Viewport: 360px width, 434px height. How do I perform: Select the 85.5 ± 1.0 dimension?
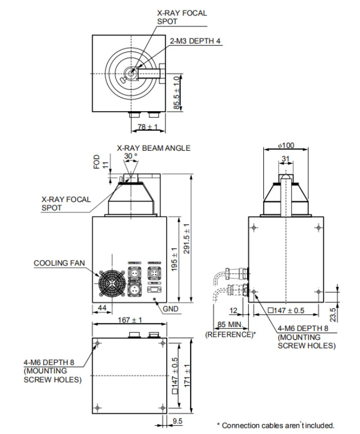(x=177, y=93)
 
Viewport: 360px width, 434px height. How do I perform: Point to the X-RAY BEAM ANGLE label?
(x=154, y=148)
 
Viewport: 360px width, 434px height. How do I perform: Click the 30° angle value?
(x=131, y=156)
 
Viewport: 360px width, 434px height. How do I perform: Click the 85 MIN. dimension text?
(x=228, y=324)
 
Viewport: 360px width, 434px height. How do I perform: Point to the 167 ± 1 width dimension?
(x=130, y=320)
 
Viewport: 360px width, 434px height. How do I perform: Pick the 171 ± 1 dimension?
(x=188, y=375)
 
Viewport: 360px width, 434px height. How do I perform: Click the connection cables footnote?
(x=275, y=425)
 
